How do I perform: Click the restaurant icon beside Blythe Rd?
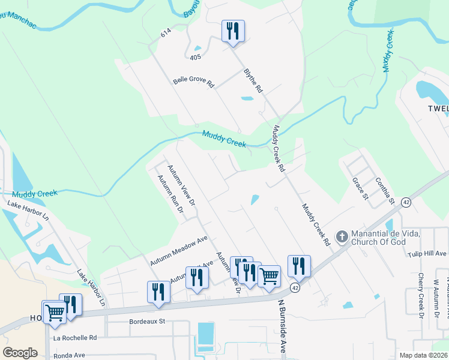(x=233, y=31)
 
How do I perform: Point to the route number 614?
(x=166, y=35)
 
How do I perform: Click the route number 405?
(x=194, y=58)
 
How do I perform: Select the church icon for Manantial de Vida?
(x=342, y=236)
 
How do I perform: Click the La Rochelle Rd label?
(x=75, y=338)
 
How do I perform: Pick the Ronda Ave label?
(x=70, y=356)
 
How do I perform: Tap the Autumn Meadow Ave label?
(x=178, y=251)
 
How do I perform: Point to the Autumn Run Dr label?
(x=170, y=194)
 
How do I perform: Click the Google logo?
(x=20, y=353)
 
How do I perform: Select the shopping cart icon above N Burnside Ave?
(x=270, y=275)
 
